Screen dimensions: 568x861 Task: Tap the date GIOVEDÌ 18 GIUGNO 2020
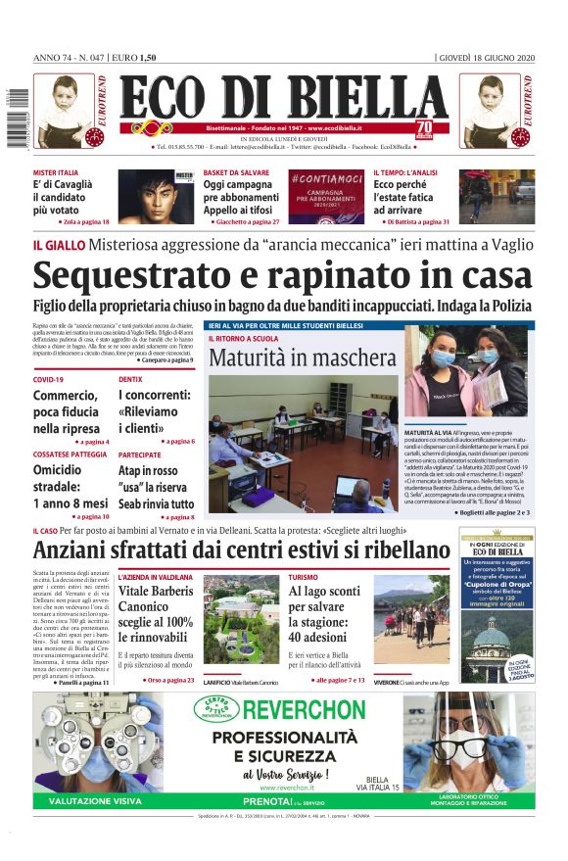coord(486,57)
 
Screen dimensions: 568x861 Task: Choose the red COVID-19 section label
coord(48,379)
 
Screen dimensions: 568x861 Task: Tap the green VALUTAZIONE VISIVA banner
coord(94,801)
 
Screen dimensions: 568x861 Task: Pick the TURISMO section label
coord(303,577)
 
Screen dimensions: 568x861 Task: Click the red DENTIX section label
coord(130,379)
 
